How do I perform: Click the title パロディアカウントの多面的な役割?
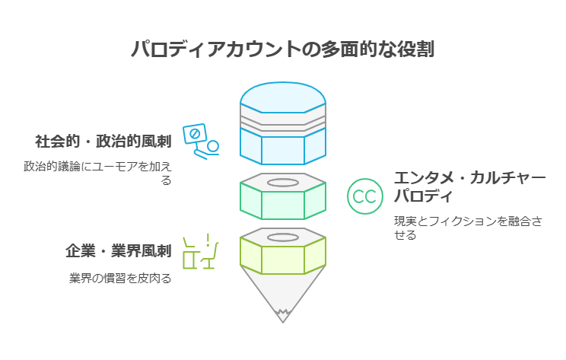[283, 49]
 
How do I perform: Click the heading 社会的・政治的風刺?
[103, 141]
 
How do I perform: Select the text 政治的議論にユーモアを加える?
[97, 173]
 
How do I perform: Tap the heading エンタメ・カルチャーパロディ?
[469, 187]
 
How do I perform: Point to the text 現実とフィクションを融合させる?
[468, 228]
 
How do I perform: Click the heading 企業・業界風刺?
[119, 251]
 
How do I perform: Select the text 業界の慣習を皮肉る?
[120, 279]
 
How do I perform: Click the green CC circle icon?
[365, 196]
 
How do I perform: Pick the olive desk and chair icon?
[201, 251]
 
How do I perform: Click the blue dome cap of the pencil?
[283, 97]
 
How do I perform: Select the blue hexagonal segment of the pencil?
[283, 146]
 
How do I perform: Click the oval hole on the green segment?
[283, 183]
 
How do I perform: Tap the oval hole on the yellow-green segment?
[283, 237]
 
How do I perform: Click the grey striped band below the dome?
[283, 121]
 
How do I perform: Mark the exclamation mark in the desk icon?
[208, 240]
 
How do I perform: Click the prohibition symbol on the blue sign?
[195, 134]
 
